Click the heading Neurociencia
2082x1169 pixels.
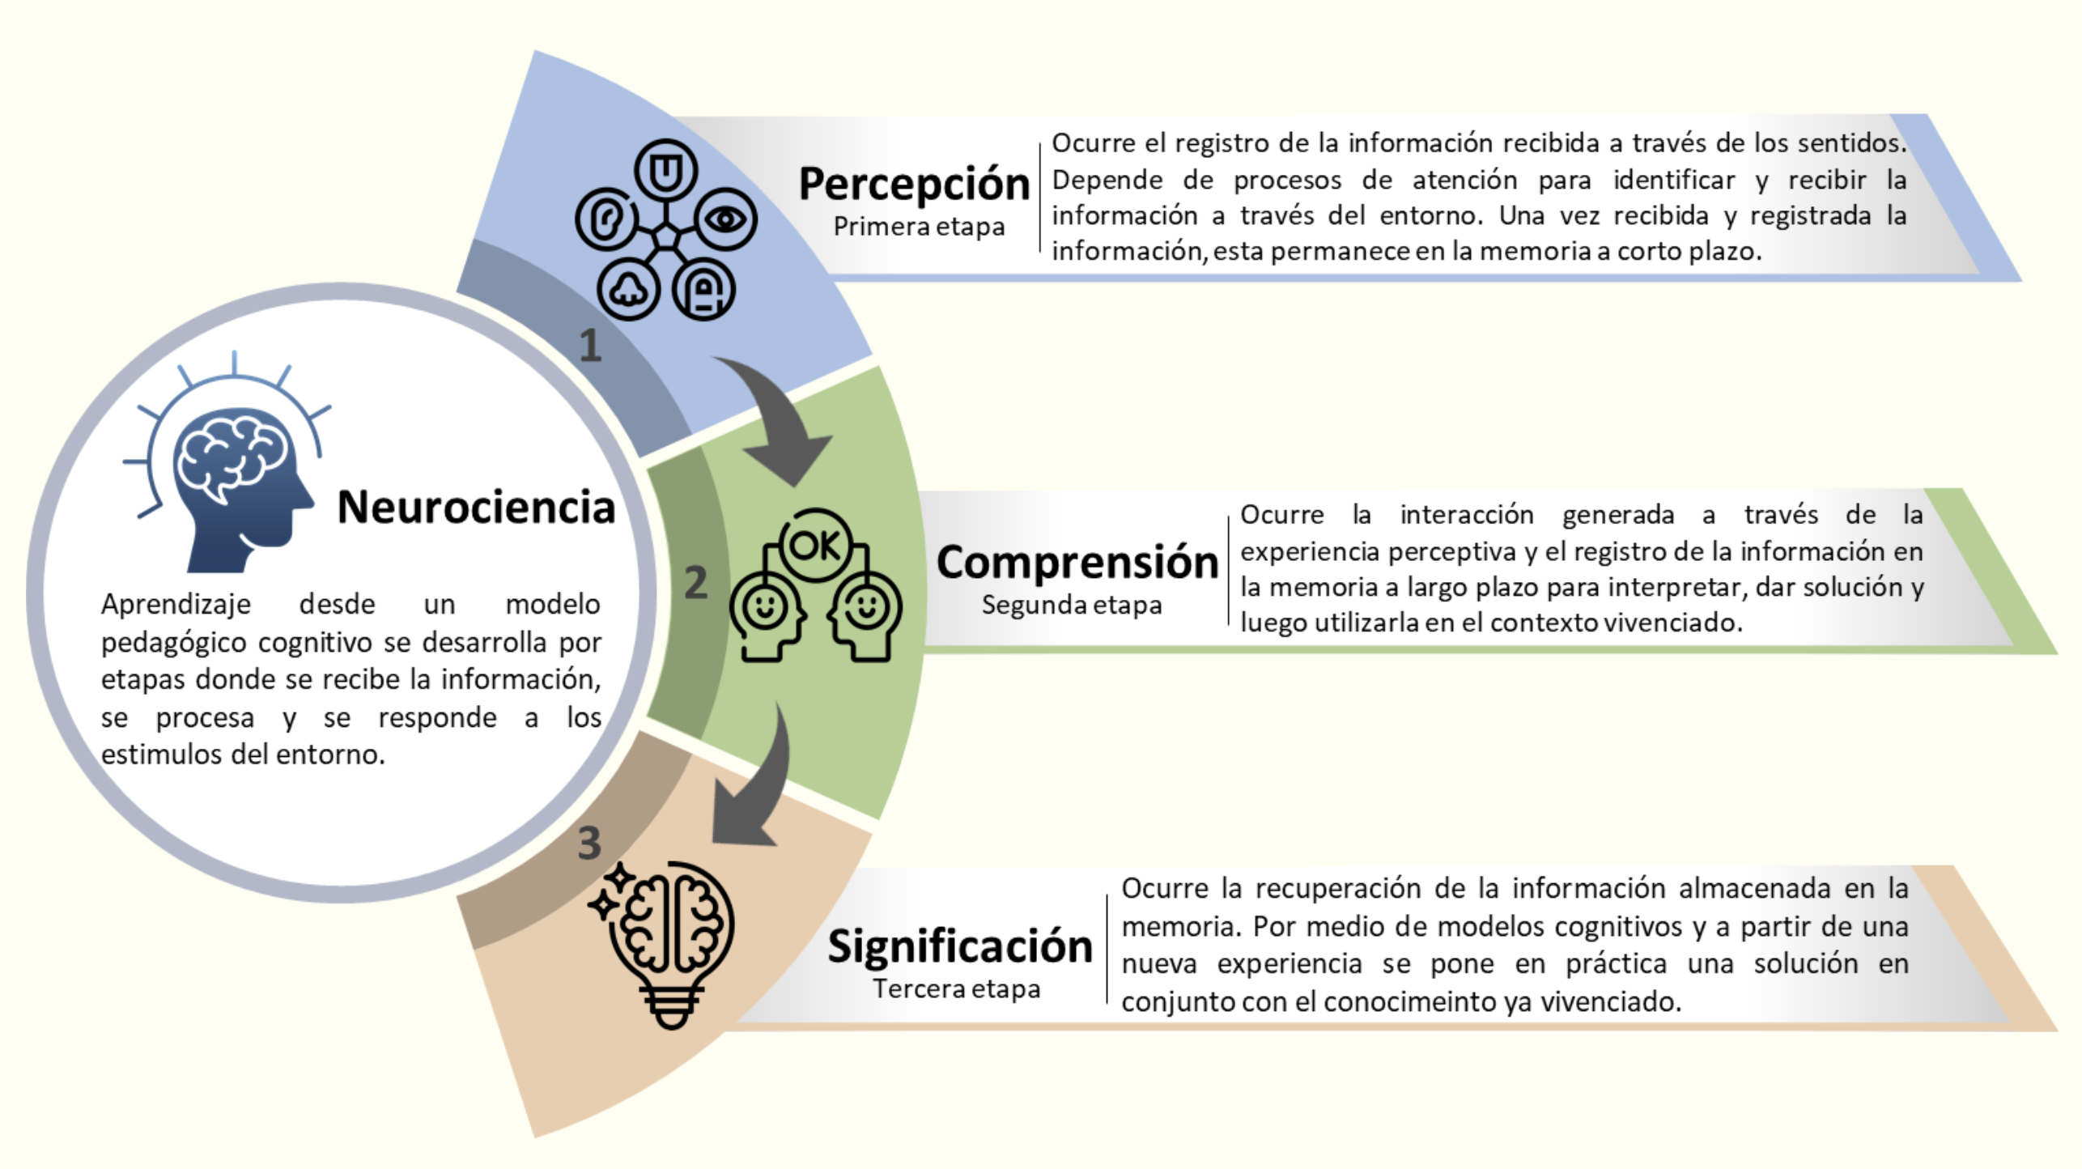[x=476, y=508]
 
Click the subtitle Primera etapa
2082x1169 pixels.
[x=919, y=226]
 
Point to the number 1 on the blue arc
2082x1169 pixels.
[x=590, y=346]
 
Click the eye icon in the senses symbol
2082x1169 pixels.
[x=725, y=219]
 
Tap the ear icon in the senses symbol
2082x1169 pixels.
[x=605, y=219]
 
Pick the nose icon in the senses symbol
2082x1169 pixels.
[x=629, y=289]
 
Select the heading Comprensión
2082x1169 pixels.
[x=1077, y=563]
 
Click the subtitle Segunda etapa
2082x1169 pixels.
[x=1072, y=605]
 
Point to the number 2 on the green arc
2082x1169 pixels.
[x=696, y=582]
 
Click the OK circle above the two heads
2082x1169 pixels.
[x=815, y=545]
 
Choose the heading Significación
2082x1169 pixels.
[x=960, y=946]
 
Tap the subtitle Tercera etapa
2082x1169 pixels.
[x=956, y=988]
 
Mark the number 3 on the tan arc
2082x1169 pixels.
[x=589, y=843]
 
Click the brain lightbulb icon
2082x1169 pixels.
[x=663, y=943]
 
